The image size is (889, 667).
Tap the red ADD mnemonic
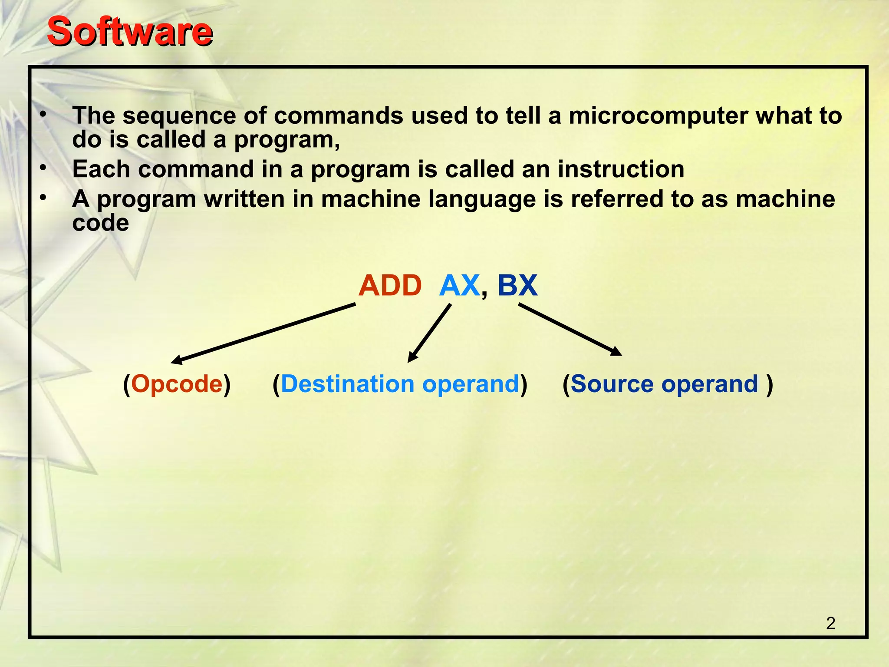(390, 286)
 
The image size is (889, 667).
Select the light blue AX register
(459, 286)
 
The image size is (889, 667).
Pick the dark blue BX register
(517, 286)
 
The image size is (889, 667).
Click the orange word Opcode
(177, 384)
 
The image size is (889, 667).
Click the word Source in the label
(612, 384)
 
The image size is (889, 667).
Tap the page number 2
(830, 623)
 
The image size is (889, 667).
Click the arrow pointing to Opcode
(263, 333)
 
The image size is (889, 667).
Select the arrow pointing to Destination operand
(429, 333)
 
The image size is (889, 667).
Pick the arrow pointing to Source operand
(570, 329)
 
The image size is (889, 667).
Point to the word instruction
(621, 169)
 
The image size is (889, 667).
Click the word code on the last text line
(100, 223)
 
